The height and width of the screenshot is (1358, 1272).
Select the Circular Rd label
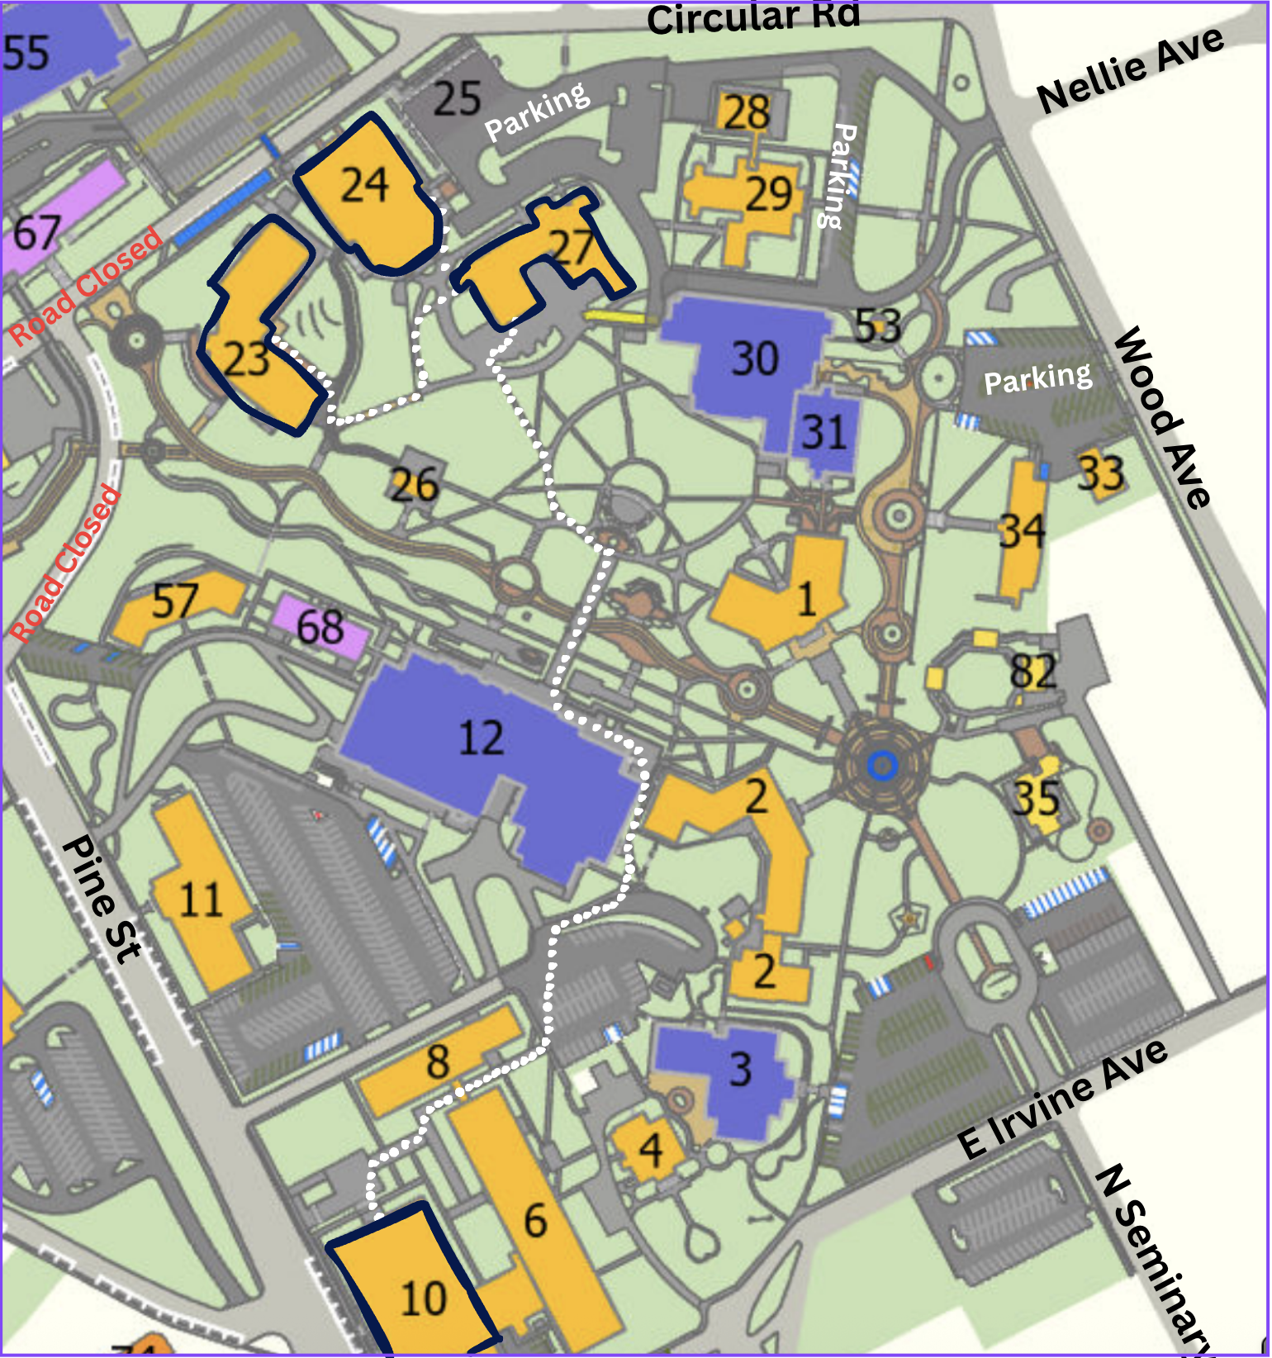point(752,18)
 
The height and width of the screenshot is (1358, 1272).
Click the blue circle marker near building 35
point(881,766)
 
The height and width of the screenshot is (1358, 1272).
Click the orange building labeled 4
point(649,1148)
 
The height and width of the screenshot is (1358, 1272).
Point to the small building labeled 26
point(414,484)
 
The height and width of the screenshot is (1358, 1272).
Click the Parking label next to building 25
point(537,112)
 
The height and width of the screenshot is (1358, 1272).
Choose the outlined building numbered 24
point(368,190)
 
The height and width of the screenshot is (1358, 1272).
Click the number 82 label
point(1032,672)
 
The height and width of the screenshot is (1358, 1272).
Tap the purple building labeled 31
point(824,432)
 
